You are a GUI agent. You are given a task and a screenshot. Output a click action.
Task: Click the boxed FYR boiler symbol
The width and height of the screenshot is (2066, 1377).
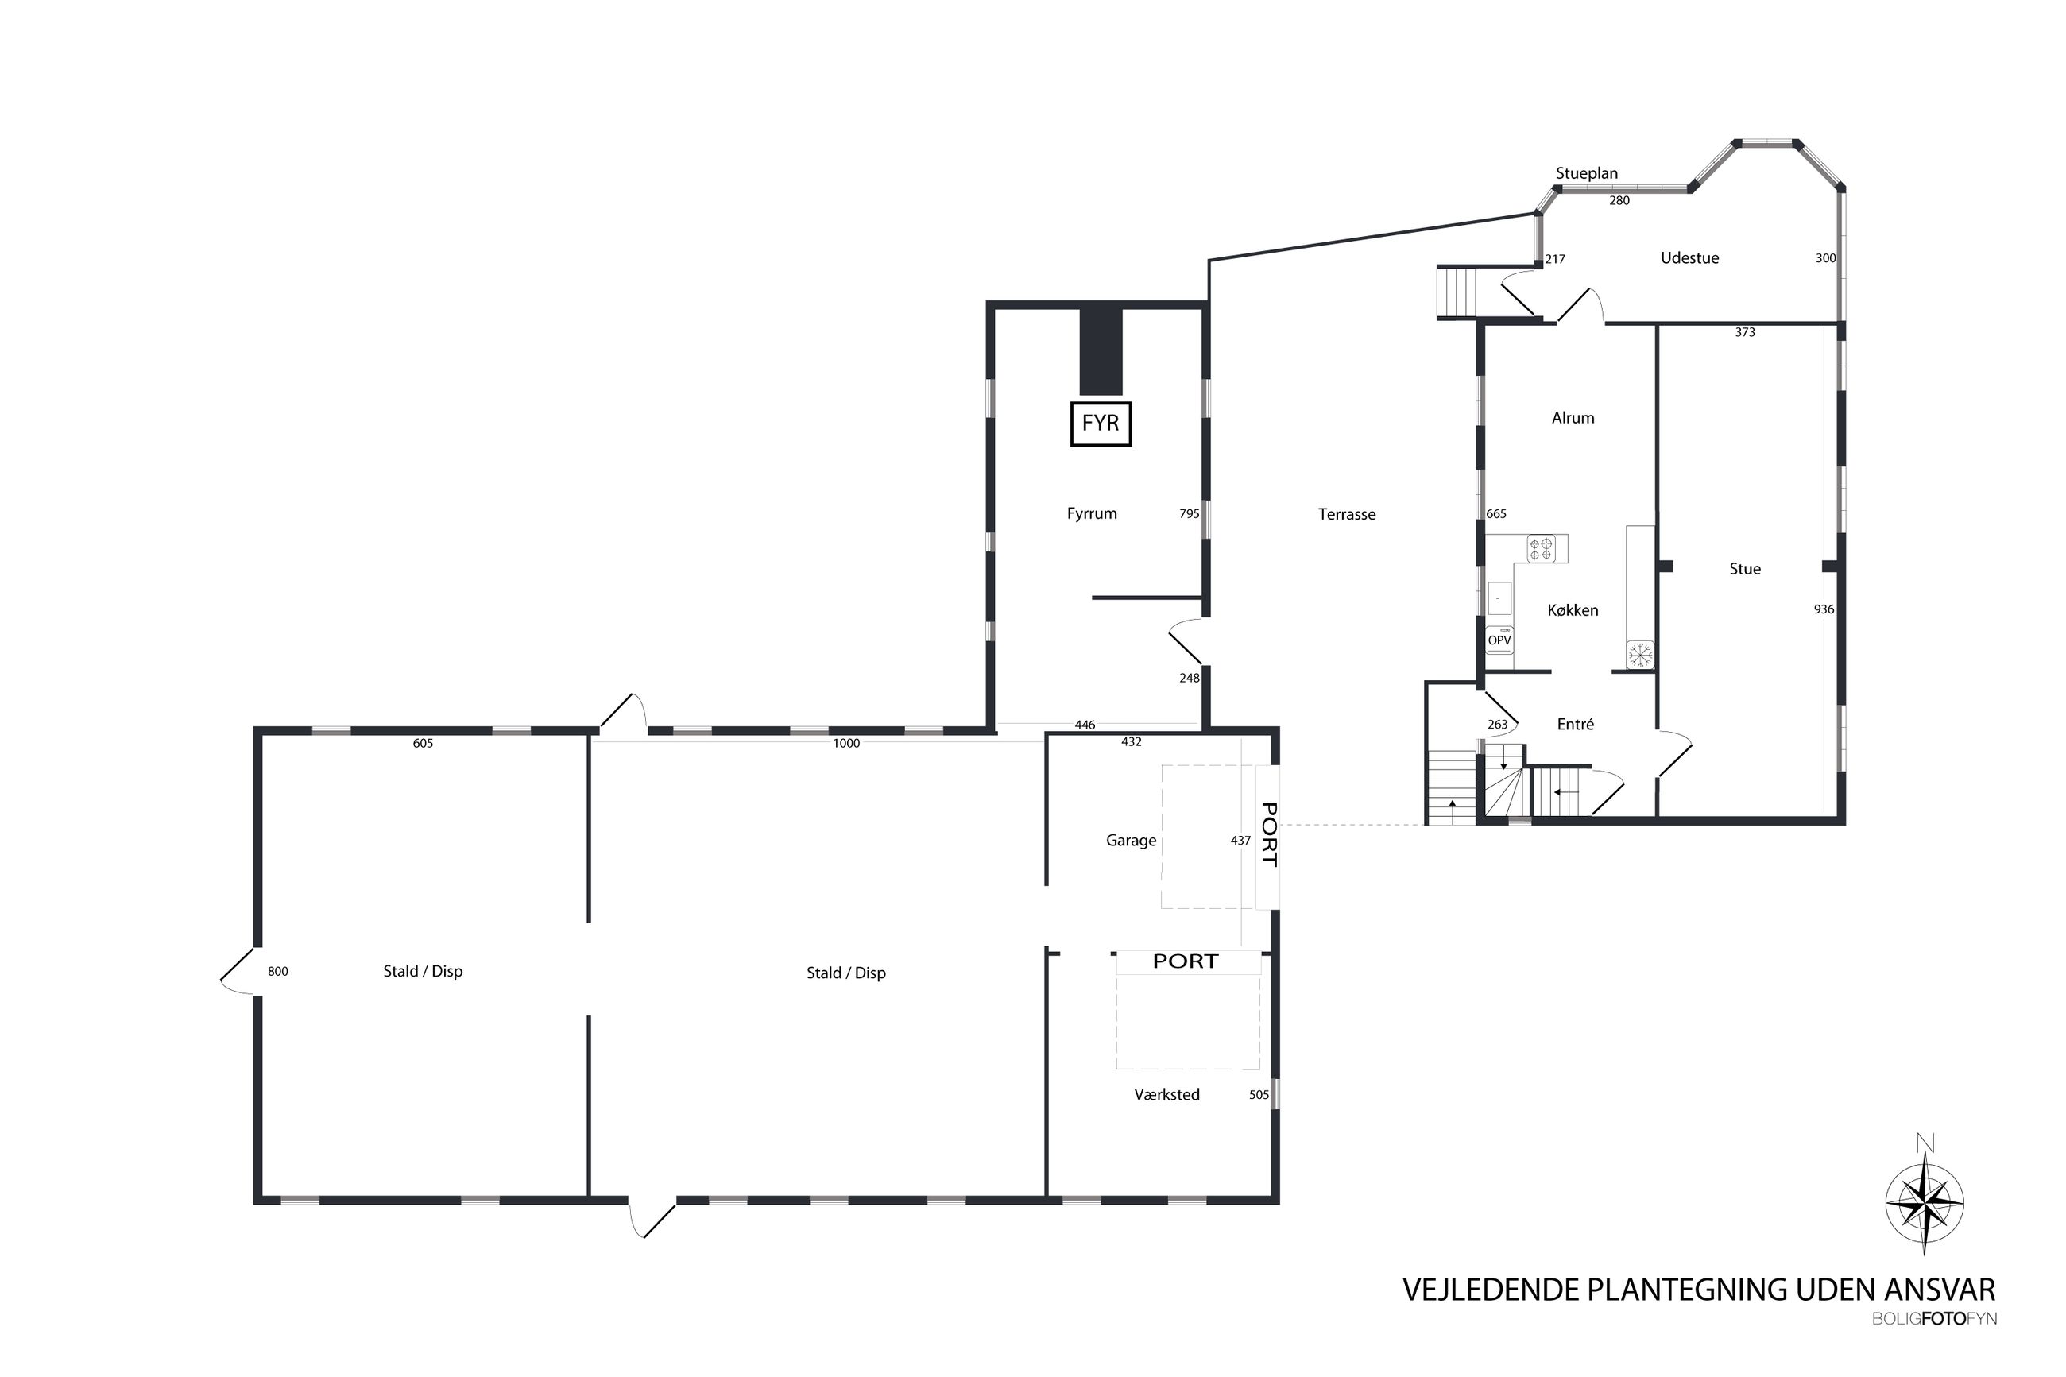pyautogui.click(x=1101, y=424)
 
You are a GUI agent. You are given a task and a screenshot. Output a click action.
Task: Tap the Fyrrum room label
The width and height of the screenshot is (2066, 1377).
pyautogui.click(x=1091, y=514)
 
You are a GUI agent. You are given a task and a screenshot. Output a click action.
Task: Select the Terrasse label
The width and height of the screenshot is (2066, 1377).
pyautogui.click(x=1346, y=515)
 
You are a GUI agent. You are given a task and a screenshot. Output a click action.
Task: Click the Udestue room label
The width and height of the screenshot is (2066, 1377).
pyautogui.click(x=1689, y=258)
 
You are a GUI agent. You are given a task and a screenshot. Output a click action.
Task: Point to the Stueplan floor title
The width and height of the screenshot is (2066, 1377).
pyautogui.click(x=1587, y=174)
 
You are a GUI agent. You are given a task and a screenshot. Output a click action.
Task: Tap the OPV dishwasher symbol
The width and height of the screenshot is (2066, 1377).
pyautogui.click(x=1499, y=639)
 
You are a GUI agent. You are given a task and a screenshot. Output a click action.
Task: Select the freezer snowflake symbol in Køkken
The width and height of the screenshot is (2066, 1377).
pyautogui.click(x=1639, y=654)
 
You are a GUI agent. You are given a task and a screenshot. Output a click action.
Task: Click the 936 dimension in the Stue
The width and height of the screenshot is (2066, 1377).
pyautogui.click(x=1824, y=609)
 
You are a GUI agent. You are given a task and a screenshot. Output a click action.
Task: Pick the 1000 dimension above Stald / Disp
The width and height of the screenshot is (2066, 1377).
pyautogui.click(x=846, y=744)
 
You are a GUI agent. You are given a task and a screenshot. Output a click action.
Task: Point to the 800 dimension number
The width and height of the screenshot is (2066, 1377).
pyautogui.click(x=277, y=971)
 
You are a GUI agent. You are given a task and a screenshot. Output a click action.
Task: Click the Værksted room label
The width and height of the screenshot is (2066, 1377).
pyautogui.click(x=1166, y=1095)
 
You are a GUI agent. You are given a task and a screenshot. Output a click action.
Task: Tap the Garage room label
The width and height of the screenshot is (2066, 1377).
pyautogui.click(x=1131, y=841)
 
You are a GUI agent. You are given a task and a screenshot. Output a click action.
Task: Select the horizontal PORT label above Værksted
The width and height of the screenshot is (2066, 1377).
pyautogui.click(x=1186, y=961)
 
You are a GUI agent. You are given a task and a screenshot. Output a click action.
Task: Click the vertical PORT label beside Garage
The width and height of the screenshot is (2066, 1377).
pyautogui.click(x=1269, y=834)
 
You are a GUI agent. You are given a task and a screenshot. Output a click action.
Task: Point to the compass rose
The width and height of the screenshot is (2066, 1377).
pyautogui.click(x=1925, y=1202)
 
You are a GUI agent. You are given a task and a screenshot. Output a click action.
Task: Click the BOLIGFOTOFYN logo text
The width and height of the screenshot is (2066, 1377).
pyautogui.click(x=1933, y=1319)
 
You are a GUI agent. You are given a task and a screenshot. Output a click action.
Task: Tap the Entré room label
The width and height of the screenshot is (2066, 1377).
pyautogui.click(x=1575, y=725)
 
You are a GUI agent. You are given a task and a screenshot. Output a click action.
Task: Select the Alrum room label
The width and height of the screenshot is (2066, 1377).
pyautogui.click(x=1573, y=418)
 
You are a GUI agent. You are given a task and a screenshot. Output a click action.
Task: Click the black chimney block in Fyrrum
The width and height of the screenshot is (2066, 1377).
pyautogui.click(x=1101, y=351)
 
